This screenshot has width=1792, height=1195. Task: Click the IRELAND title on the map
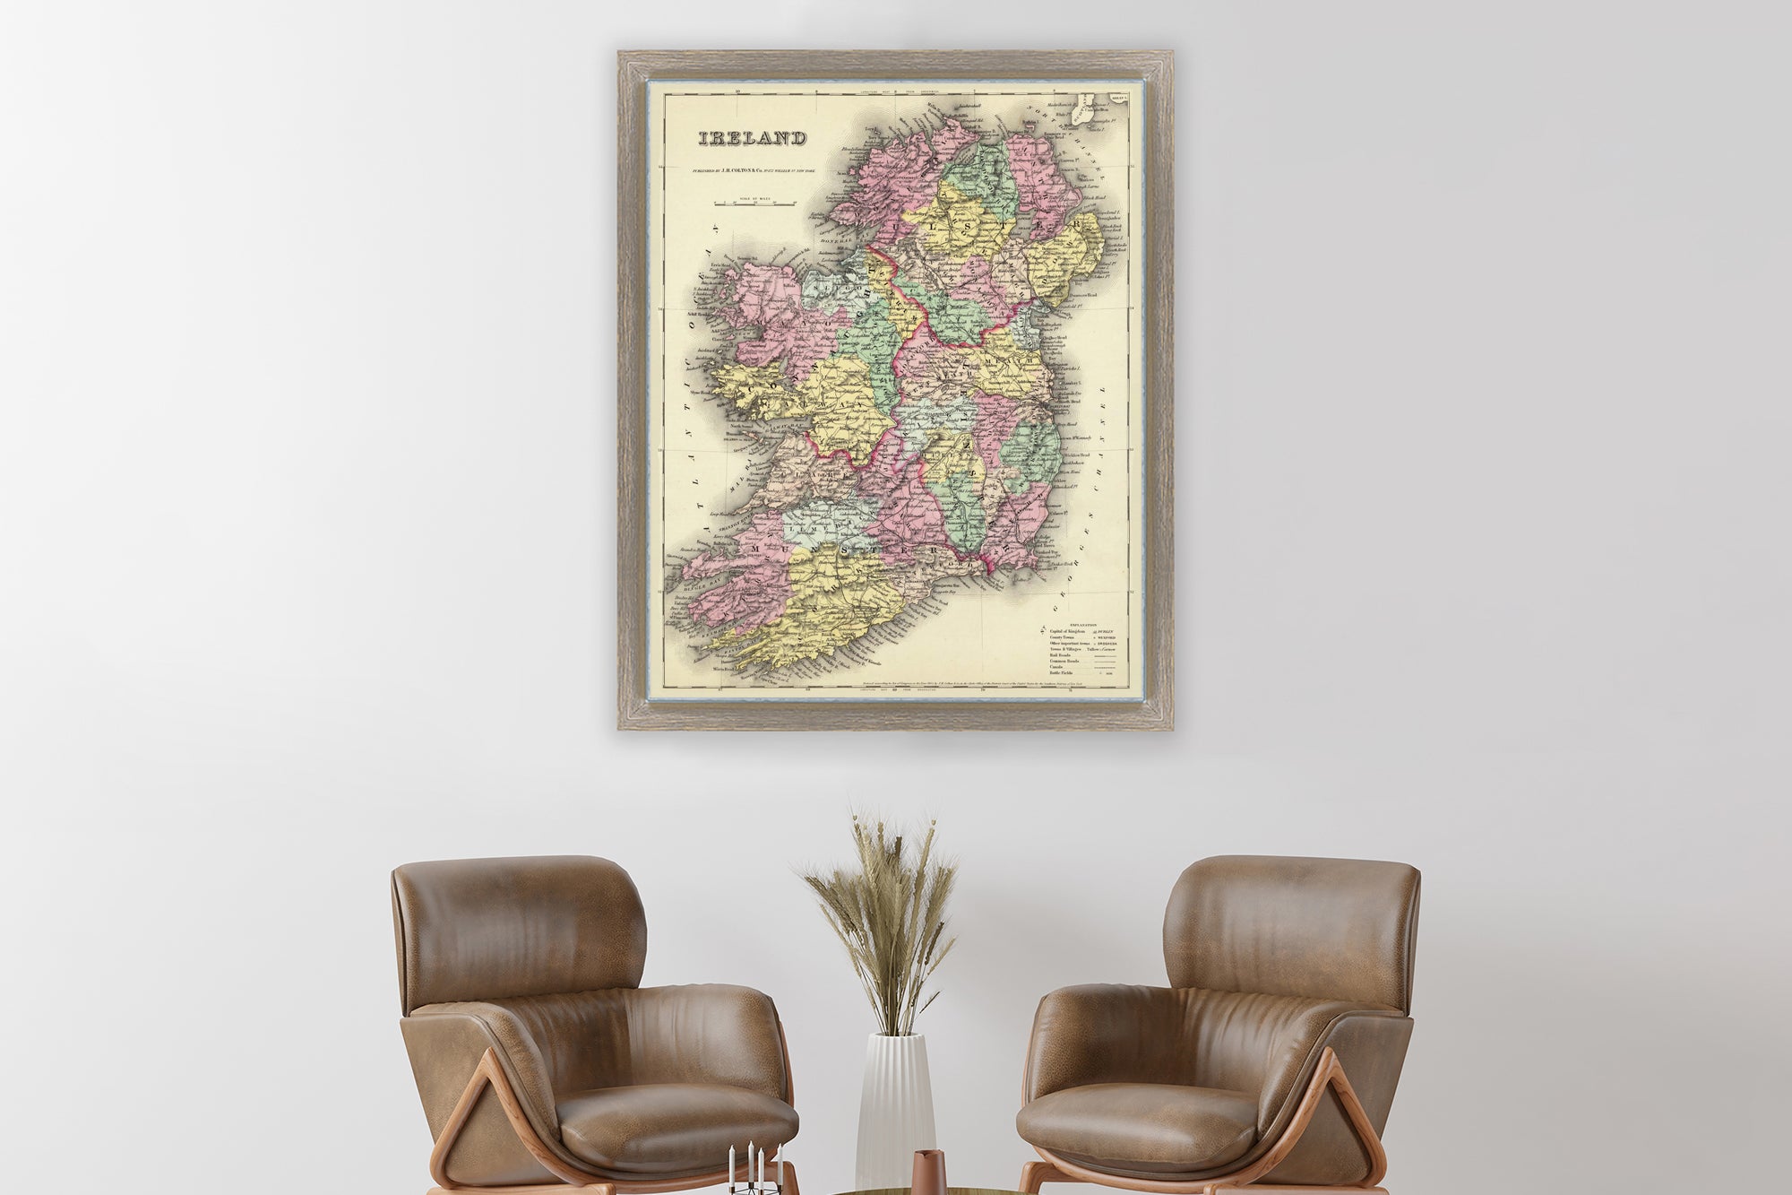click(752, 139)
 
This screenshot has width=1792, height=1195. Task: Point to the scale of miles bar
click(754, 204)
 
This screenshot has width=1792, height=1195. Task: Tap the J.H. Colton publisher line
click(754, 170)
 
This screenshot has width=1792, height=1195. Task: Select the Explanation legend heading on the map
click(1082, 624)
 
